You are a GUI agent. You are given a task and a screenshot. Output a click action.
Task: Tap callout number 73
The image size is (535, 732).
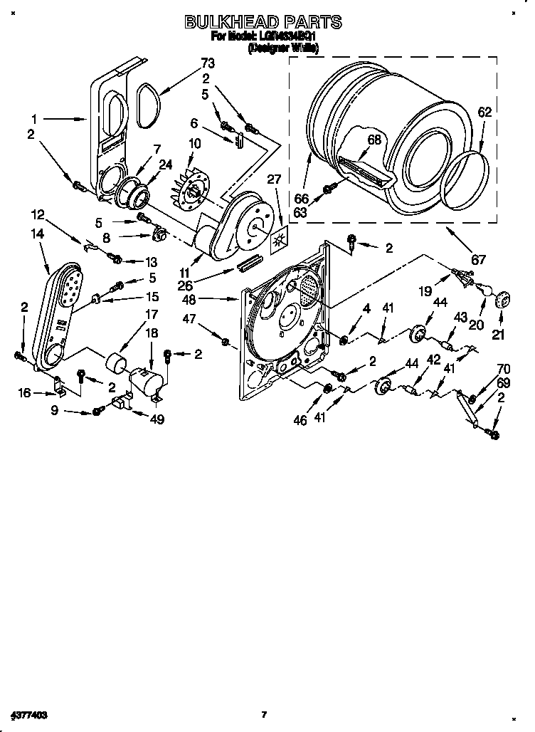[208, 64]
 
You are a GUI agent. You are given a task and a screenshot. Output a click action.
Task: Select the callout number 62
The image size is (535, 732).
[484, 112]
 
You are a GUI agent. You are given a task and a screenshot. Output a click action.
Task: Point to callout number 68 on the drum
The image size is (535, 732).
[374, 140]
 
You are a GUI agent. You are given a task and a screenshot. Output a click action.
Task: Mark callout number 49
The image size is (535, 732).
[157, 419]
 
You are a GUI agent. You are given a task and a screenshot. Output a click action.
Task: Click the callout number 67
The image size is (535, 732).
[479, 260]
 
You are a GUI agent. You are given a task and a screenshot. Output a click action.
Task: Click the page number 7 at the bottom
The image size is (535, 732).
[263, 714]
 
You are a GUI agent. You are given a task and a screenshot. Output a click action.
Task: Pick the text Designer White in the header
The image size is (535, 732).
[282, 48]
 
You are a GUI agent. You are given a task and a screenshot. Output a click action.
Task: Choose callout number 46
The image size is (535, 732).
[300, 421]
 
